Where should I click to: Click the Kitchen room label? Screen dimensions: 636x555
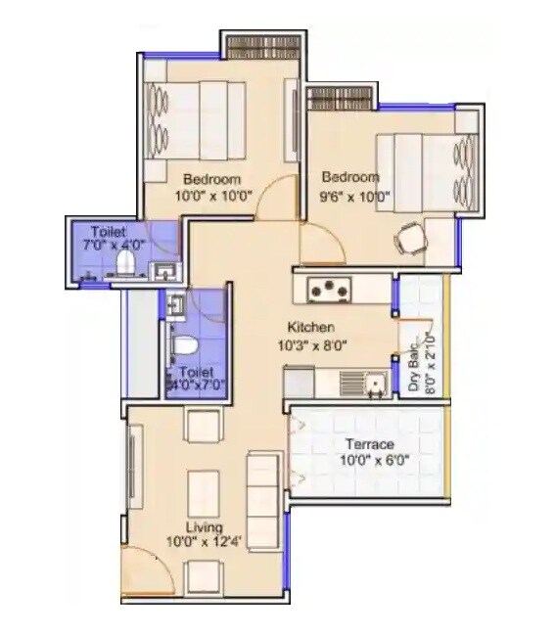(x=311, y=327)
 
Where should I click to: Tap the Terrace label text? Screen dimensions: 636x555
(x=368, y=445)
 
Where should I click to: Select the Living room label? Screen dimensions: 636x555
(x=204, y=527)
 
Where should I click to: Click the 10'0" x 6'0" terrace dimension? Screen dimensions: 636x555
(x=368, y=460)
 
